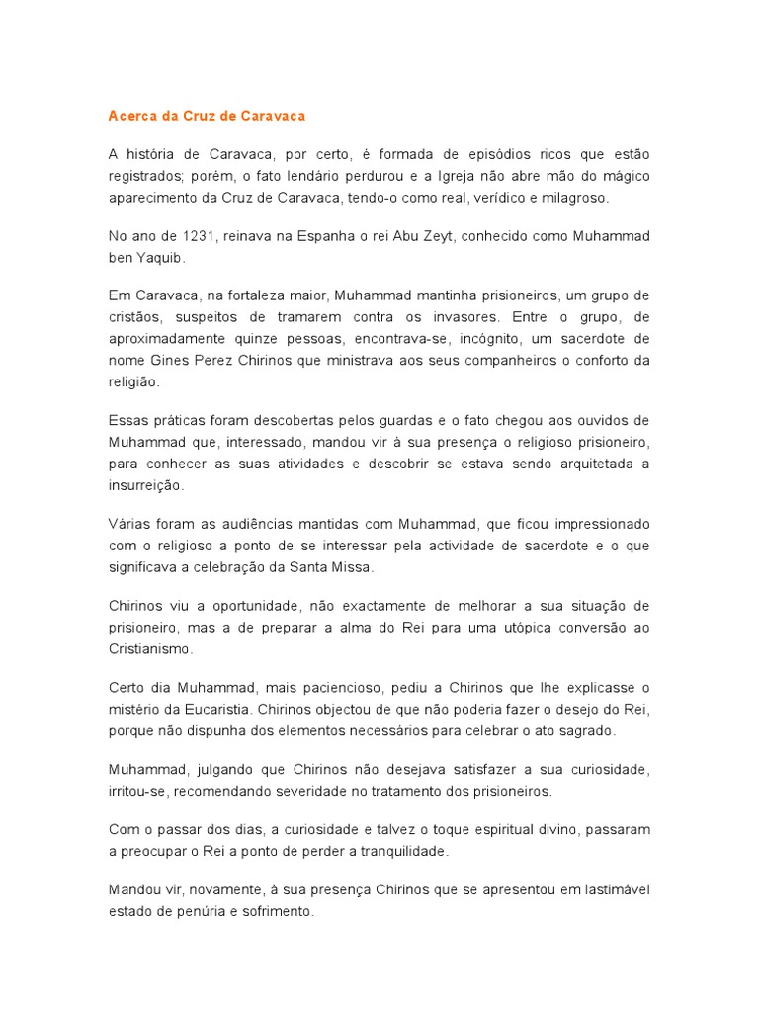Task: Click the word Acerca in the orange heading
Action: pos(132,116)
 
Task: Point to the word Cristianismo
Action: pos(150,649)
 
